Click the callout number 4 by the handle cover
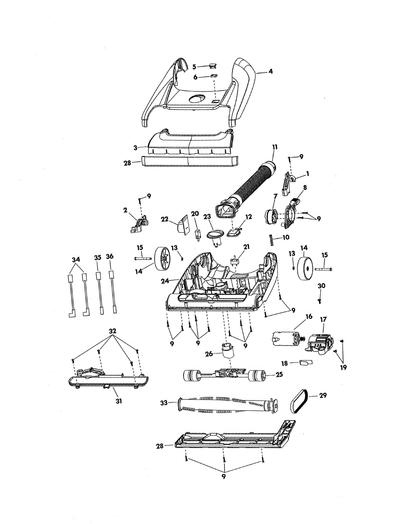coord(270,71)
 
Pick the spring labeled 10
coord(270,240)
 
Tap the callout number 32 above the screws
coord(112,331)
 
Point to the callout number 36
coord(110,257)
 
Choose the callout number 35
coord(97,257)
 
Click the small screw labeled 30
coord(319,301)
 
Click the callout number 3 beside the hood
coord(135,148)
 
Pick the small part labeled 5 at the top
coord(213,66)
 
